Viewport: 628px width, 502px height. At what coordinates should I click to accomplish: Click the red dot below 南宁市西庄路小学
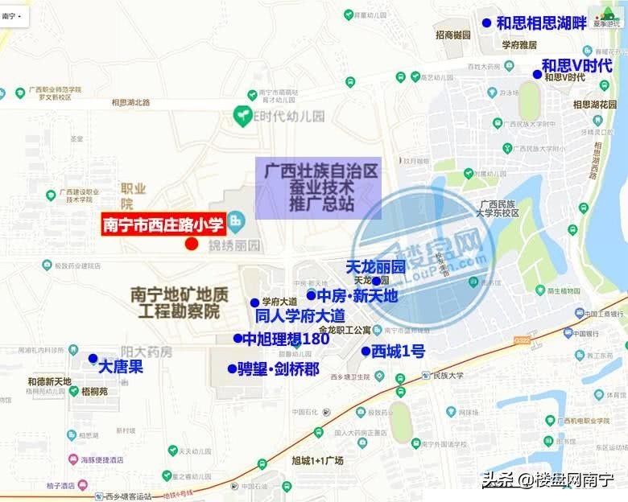point(191,244)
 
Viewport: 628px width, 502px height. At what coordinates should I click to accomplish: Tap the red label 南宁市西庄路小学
point(163,224)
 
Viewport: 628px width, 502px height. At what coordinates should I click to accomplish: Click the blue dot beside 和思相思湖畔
point(485,23)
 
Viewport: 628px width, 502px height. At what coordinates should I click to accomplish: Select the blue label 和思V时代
point(576,65)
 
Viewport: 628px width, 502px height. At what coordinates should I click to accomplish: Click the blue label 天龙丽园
point(375,266)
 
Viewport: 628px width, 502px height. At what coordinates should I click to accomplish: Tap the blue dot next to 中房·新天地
point(310,295)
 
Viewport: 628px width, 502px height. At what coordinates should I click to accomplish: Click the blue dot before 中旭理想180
point(238,338)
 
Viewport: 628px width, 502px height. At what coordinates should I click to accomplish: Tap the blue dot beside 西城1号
point(365,351)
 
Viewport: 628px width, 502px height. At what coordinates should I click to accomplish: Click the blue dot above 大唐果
point(93,357)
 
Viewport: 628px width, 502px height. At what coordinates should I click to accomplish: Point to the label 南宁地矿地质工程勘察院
point(175,303)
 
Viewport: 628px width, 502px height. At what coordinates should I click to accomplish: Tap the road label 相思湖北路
point(130,102)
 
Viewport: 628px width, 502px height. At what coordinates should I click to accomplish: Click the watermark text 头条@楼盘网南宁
point(547,480)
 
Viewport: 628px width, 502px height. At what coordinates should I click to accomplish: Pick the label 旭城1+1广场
point(317,460)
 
